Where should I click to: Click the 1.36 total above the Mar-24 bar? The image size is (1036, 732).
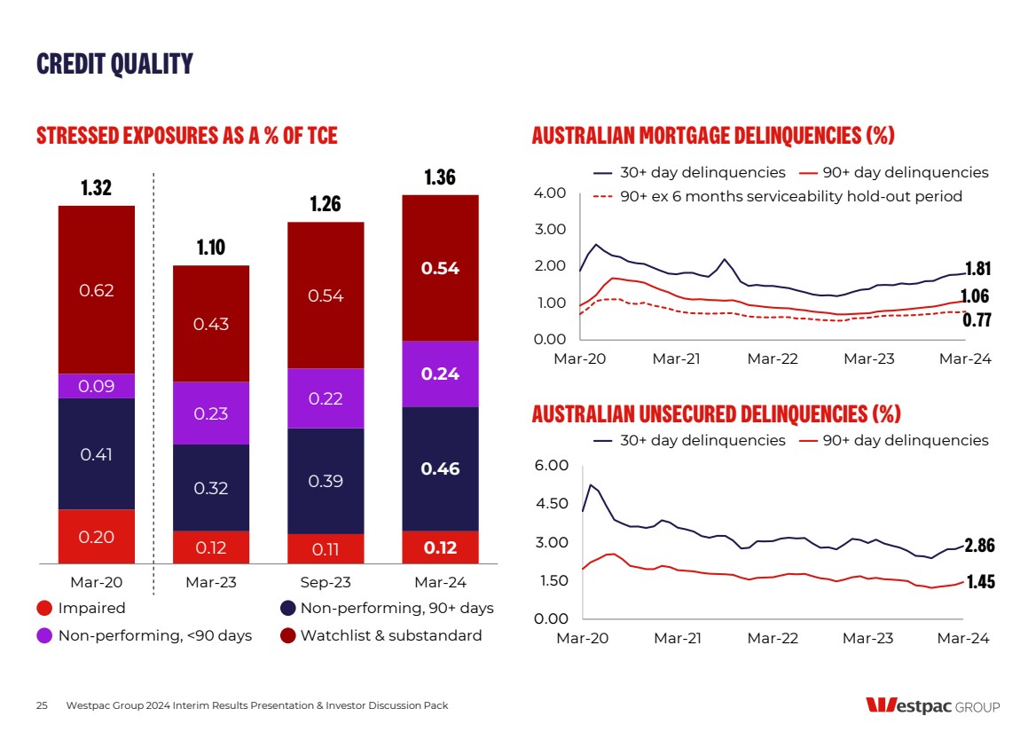440,177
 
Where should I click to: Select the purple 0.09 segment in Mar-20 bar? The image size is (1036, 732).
97,386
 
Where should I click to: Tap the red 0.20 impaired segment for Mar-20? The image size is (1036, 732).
97,536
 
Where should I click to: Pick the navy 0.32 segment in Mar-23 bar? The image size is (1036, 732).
211,487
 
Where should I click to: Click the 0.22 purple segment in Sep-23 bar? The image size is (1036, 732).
326,398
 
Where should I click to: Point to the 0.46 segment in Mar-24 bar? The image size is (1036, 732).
440,468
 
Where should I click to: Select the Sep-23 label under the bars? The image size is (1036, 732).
326,583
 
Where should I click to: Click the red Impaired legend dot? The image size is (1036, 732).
44,609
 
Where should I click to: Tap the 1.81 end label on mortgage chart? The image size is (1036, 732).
977,269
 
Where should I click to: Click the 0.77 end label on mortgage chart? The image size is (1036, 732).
977,320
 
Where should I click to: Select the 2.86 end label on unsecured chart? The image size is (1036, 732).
979,545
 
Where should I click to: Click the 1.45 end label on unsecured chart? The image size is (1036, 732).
979,581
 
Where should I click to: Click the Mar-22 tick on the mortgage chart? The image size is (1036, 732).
772,359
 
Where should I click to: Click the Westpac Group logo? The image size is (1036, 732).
932,706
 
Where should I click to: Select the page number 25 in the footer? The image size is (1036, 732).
42,705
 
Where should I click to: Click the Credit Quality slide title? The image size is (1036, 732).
114,64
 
